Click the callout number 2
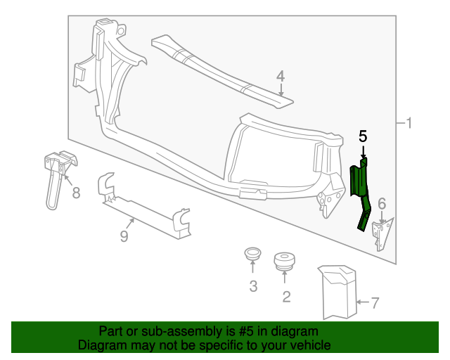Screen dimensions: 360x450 tap(286, 296)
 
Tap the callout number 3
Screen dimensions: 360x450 tap(253, 286)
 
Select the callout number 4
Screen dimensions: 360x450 tap(280, 76)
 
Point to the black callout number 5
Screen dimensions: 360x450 tap(363, 136)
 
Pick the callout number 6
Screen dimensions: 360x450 tap(382, 204)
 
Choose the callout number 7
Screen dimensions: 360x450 tap(375, 303)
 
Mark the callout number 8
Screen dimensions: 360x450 tap(75, 192)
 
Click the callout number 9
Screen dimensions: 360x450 tap(124, 236)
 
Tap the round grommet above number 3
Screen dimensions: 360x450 tap(252, 254)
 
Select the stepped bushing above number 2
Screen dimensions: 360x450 tap(285, 261)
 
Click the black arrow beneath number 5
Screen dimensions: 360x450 tap(363, 152)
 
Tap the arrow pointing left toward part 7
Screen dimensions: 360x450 tap(362, 303)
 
